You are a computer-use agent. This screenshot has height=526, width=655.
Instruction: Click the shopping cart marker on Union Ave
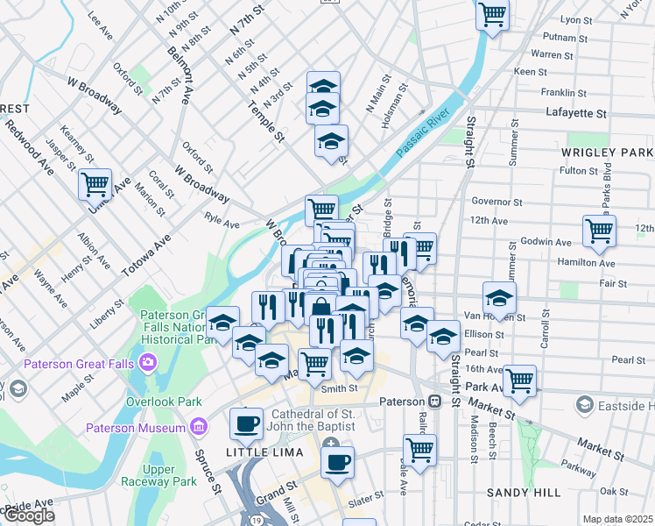[x=95, y=185]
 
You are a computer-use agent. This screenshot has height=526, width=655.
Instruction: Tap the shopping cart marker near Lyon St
[x=493, y=14]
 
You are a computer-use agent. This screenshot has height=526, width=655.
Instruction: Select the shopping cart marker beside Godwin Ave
[x=599, y=231]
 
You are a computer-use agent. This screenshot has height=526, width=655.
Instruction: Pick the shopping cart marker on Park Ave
[x=519, y=380]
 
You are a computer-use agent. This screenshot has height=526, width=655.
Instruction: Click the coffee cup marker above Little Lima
[x=246, y=424]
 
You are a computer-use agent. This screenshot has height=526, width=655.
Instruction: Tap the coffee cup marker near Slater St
[x=337, y=461]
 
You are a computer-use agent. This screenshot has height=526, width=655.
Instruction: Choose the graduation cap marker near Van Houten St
[x=499, y=298]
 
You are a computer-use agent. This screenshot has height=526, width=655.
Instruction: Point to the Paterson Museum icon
[x=200, y=428]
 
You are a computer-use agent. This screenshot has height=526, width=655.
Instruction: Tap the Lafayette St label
[x=575, y=113]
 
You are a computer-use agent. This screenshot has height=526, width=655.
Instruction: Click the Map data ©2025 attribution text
[x=617, y=519]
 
